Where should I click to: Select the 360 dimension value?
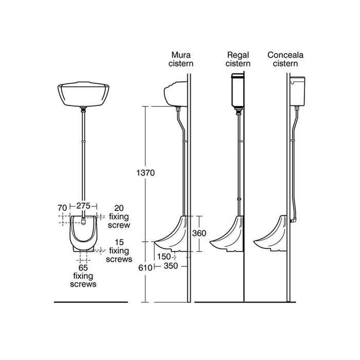(x=199, y=233)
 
